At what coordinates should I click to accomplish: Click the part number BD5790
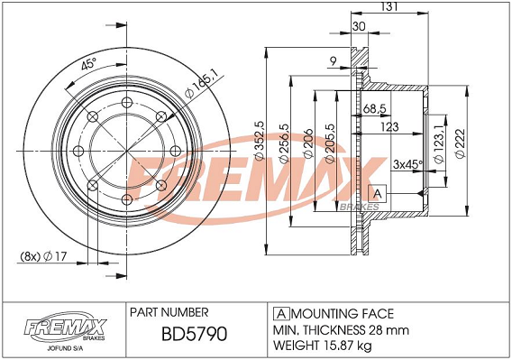195,334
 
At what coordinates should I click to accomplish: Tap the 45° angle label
89,63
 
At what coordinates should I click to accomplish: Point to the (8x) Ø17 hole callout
43,256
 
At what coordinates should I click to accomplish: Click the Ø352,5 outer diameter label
260,141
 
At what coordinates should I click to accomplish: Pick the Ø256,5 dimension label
283,143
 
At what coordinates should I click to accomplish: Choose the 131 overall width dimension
389,6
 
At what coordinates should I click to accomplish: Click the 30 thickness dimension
359,26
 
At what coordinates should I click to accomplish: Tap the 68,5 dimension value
375,108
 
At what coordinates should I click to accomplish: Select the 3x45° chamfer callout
407,164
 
